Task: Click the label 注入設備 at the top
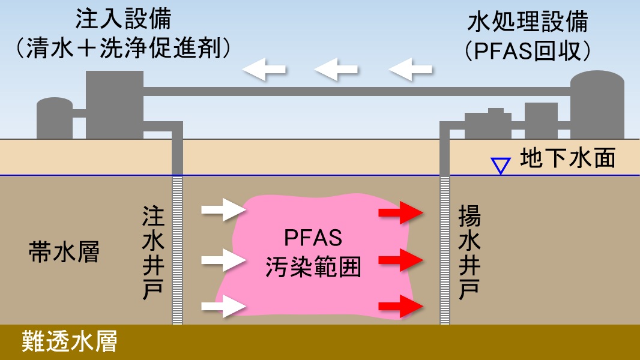123,19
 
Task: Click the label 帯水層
64,253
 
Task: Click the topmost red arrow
401,212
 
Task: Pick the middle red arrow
401,260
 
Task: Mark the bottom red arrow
401,307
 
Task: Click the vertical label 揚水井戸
468,252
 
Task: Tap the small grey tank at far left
55,118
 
